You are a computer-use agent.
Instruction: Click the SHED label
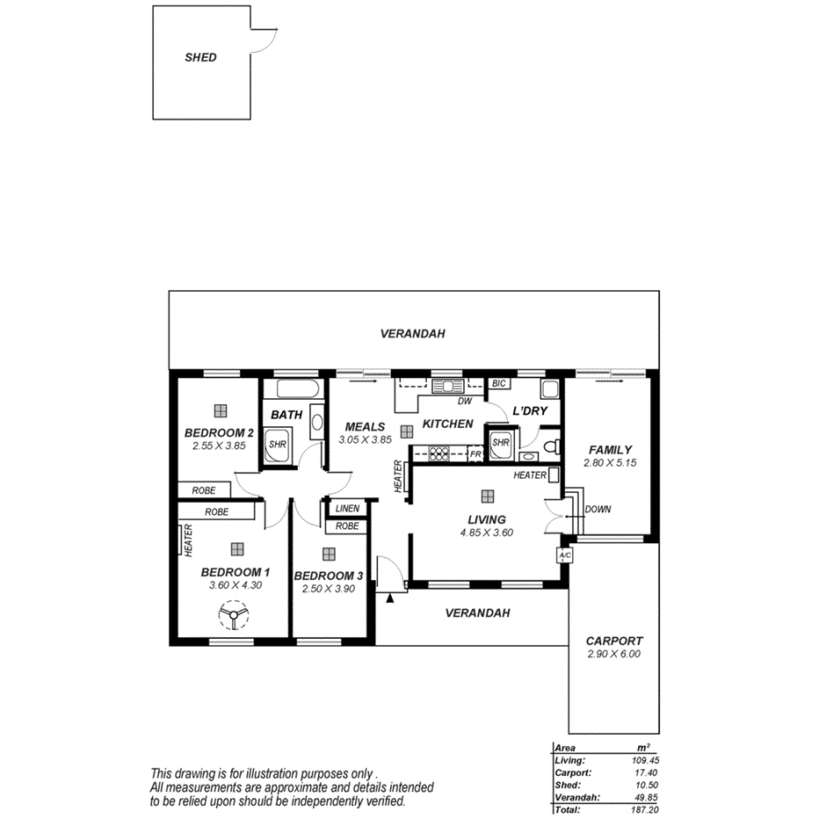click(x=200, y=58)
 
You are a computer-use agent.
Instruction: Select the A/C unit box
click(x=564, y=555)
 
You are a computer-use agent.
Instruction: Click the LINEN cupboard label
click(x=347, y=508)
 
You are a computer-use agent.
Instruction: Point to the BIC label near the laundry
click(x=498, y=384)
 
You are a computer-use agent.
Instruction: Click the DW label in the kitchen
click(x=465, y=402)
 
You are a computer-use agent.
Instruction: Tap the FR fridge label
click(x=475, y=454)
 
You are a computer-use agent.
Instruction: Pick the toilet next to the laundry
click(x=552, y=446)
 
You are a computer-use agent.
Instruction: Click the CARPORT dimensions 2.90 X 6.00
click(x=614, y=654)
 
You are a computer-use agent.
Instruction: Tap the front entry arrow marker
click(x=389, y=598)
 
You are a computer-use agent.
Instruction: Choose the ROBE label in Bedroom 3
click(x=347, y=526)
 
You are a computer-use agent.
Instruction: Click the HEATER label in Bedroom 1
click(x=188, y=540)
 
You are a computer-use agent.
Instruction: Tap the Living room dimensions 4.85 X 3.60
click(x=487, y=532)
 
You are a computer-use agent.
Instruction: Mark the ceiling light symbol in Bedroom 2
click(x=219, y=409)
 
